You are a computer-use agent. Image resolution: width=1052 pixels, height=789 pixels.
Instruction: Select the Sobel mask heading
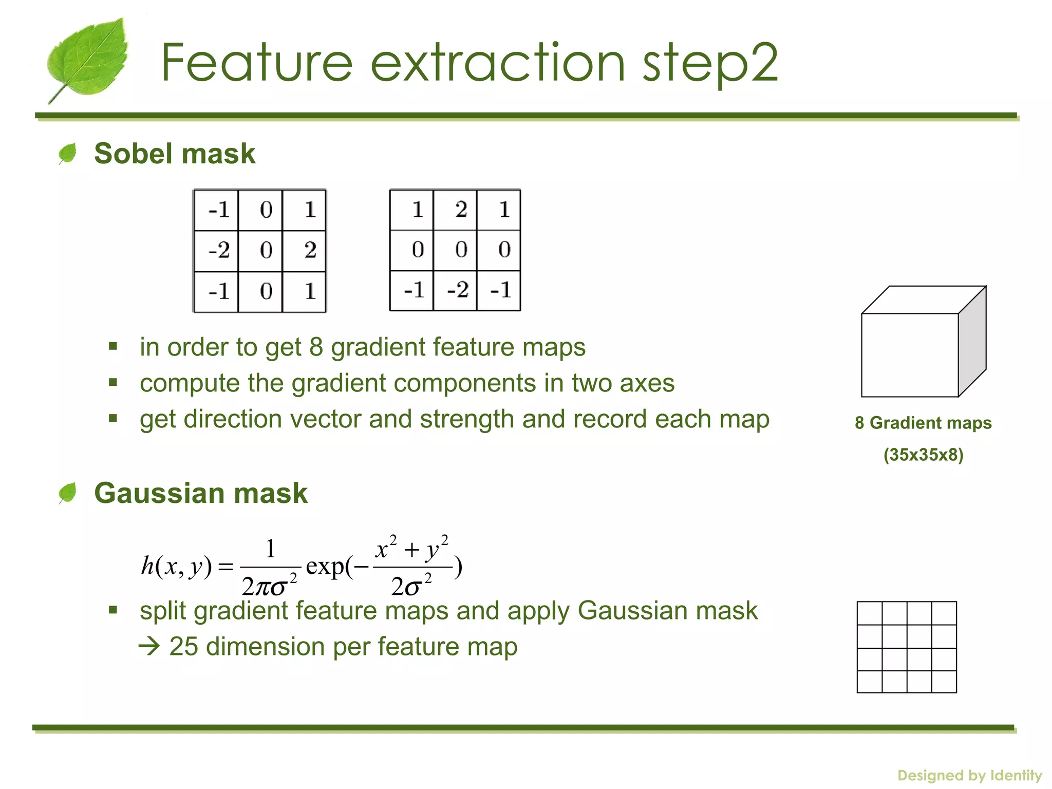click(174, 154)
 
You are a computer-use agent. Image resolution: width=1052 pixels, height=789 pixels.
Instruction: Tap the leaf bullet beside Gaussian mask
click(67, 493)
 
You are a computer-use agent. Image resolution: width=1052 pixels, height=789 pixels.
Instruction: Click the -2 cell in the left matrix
click(217, 250)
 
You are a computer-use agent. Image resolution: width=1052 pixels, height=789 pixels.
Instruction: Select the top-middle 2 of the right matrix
click(461, 209)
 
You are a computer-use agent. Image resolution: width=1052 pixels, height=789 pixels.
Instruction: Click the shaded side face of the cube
click(972, 342)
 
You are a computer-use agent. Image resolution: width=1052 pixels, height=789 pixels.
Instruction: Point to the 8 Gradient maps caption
click(923, 423)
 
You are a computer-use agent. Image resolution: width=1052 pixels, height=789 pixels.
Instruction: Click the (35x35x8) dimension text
click(923, 455)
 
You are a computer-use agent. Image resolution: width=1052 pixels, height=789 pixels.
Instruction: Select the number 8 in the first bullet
click(316, 347)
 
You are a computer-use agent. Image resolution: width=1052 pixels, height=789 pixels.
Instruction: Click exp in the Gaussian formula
click(325, 567)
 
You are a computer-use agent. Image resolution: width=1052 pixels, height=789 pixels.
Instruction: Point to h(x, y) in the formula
click(176, 567)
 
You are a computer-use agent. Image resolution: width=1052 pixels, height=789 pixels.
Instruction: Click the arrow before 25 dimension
click(149, 647)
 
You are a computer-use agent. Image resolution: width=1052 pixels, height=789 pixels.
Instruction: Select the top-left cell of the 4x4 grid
click(870, 613)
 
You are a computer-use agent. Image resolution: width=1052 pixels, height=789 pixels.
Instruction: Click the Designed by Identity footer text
click(969, 775)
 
